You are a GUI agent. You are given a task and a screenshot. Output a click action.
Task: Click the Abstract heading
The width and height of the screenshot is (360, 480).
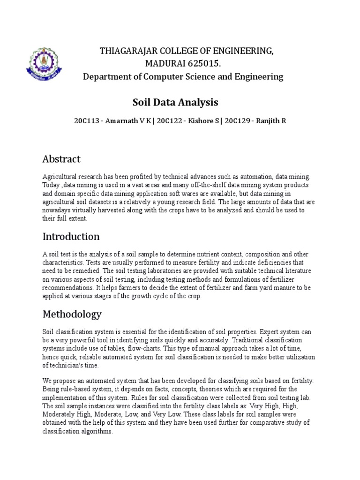point(61,159)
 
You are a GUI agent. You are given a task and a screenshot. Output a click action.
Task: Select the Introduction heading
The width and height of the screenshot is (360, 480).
point(71,236)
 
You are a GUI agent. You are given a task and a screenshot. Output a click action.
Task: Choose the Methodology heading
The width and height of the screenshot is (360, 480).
point(72,314)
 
